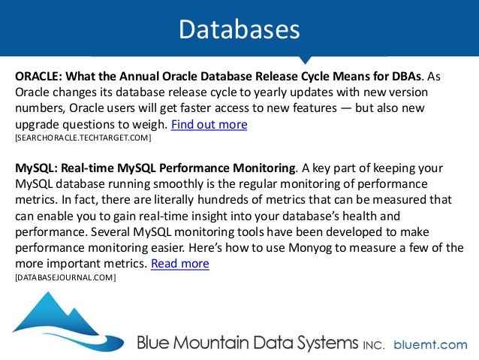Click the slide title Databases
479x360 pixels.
(239, 28)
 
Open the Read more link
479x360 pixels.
(180, 264)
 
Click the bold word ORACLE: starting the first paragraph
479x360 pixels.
(40, 76)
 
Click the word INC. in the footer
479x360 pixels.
(373, 345)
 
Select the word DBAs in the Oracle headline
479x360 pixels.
(405, 76)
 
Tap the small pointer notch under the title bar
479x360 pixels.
(303, 59)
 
